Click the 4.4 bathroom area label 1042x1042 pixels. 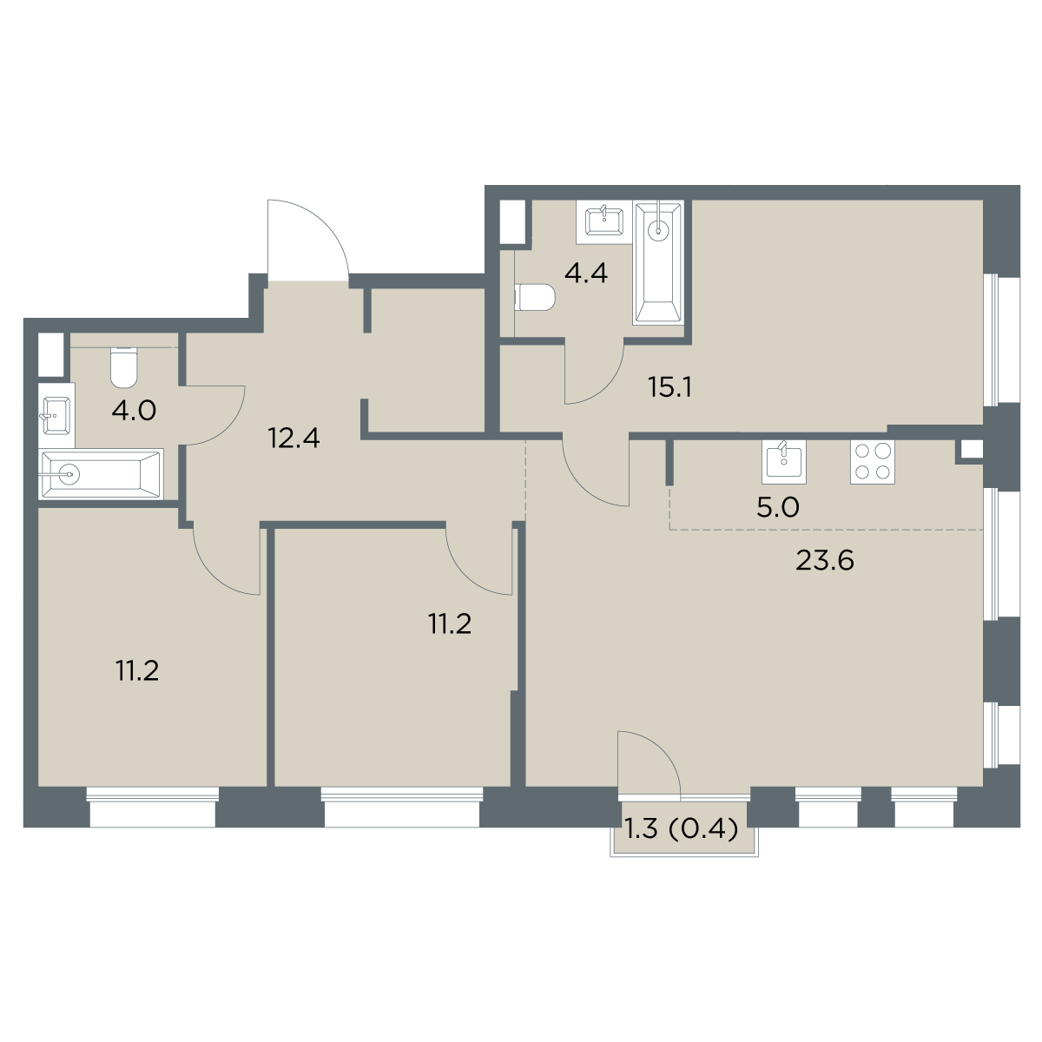586,274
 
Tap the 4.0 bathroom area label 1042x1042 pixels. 134,412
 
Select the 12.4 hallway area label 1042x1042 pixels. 294,439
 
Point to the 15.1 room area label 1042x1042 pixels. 669,387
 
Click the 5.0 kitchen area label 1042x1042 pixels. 777,508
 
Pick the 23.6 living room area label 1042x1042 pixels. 825,561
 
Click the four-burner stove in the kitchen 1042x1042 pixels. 872,462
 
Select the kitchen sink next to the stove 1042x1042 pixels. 783,462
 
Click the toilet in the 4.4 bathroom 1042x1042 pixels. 535,298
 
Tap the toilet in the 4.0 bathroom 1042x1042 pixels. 124,367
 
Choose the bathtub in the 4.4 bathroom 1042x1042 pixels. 658,263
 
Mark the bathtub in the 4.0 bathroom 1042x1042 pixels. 101,474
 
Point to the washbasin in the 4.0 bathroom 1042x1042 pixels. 56,415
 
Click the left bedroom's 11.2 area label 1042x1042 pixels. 137,671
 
